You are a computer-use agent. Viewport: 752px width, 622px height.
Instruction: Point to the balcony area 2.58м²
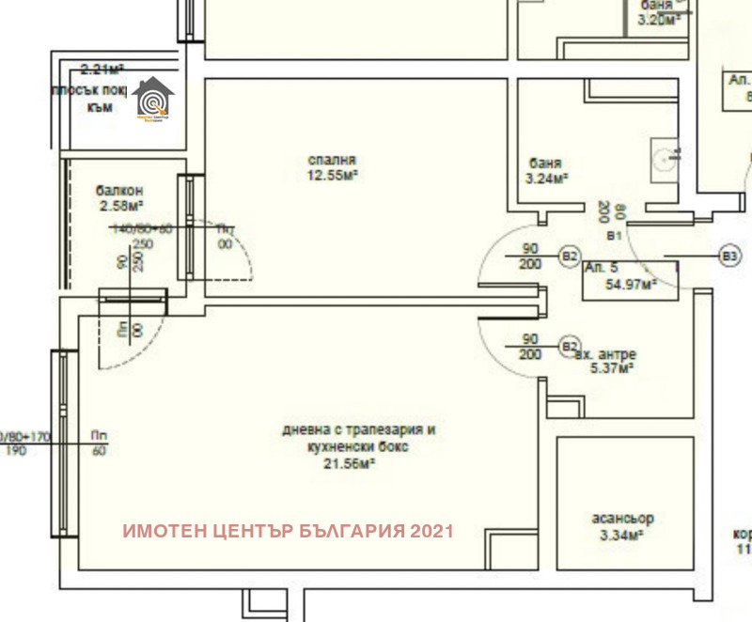tap(120, 204)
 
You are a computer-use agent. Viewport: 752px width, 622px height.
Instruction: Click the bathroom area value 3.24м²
tap(548, 176)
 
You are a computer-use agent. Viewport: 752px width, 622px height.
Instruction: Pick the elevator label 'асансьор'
tap(623, 519)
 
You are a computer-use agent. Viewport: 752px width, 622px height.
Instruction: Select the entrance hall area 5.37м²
tap(611, 368)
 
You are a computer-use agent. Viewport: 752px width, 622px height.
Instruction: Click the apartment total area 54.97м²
tap(631, 283)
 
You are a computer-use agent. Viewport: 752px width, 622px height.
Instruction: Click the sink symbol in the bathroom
tap(669, 157)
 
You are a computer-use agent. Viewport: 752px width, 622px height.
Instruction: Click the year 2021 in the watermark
tap(432, 531)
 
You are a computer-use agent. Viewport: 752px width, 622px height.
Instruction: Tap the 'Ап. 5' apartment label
tap(601, 268)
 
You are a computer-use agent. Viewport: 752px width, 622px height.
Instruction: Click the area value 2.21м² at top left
tap(103, 69)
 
